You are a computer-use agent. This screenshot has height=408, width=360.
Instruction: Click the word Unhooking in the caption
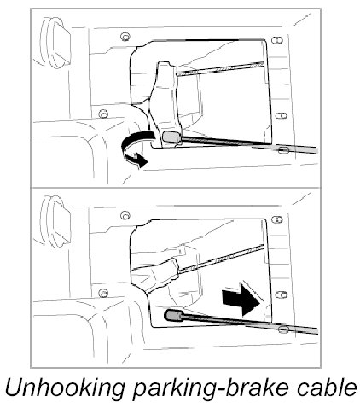(x=65, y=388)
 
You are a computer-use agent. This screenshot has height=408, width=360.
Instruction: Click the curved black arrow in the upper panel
(x=134, y=149)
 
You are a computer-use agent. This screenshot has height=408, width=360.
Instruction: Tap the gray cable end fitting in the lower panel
(x=174, y=315)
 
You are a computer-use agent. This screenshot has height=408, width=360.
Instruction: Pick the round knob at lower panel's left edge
(x=55, y=222)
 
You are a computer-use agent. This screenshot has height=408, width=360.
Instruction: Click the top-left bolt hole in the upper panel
(x=125, y=37)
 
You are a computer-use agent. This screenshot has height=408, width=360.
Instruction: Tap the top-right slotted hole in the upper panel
(x=277, y=40)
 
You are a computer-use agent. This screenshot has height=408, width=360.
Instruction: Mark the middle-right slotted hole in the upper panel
(x=282, y=116)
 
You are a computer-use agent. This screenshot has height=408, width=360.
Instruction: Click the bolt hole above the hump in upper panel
(x=103, y=114)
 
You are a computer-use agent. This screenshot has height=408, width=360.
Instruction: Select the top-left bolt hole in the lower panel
(x=125, y=215)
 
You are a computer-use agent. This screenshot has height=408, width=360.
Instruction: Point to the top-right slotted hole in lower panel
(x=277, y=219)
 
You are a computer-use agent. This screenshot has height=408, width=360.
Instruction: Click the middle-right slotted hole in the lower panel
(x=282, y=294)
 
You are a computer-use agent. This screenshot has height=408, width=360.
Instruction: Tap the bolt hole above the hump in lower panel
(x=103, y=293)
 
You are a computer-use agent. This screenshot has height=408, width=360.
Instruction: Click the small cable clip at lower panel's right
(x=283, y=329)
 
